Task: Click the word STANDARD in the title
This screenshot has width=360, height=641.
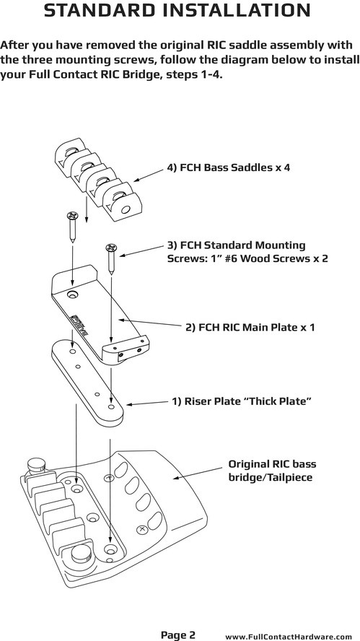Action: tap(100, 10)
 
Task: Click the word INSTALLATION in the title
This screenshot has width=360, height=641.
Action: tap(237, 10)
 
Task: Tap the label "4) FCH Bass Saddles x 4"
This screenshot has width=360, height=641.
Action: tap(229, 167)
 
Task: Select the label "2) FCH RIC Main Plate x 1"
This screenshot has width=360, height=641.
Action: tap(250, 328)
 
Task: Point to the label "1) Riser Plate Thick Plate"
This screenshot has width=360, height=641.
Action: tap(242, 401)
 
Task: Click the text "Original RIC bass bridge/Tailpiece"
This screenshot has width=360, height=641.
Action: tap(272, 471)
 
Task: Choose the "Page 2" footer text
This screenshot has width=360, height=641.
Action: tap(177, 635)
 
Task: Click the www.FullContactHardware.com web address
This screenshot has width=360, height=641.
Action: tap(289, 637)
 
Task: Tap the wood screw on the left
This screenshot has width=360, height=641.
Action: tap(72, 227)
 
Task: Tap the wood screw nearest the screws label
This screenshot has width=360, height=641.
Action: tap(111, 258)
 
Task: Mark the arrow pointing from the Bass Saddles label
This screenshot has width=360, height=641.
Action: tap(149, 175)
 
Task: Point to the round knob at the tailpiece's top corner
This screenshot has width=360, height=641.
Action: tap(37, 464)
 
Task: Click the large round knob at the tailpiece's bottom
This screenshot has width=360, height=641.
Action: tap(81, 554)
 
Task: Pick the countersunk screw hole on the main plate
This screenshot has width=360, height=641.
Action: tap(74, 295)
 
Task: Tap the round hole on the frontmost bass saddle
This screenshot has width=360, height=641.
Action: tap(126, 209)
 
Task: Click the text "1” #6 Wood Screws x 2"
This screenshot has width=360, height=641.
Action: tap(247, 258)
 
